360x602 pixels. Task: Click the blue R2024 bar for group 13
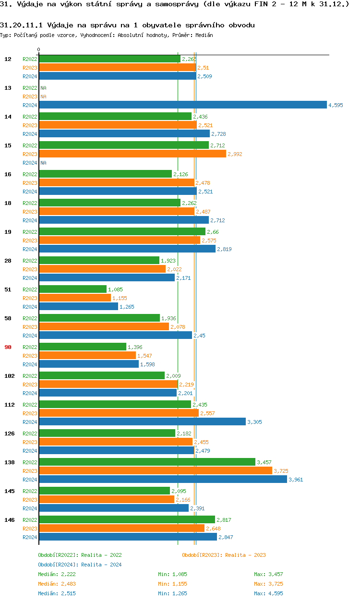[182, 105]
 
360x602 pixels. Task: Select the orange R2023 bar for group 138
[155, 471]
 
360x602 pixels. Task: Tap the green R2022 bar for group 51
[72, 289]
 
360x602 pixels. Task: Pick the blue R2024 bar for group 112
[142, 422]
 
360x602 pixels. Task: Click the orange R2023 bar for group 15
[132, 154]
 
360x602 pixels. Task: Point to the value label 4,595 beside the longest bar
[336, 105]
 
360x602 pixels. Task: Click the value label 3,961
[296, 480]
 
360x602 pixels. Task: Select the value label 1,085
[116, 289]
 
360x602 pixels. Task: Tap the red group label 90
[8, 347]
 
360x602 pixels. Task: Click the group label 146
[9, 520]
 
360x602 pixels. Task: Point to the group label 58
[8, 318]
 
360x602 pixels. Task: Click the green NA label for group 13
[43, 88]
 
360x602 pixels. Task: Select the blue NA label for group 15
[43, 163]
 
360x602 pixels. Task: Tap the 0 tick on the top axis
[39, 49]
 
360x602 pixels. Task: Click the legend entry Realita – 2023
[224, 555]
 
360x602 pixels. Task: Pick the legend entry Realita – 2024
[80, 565]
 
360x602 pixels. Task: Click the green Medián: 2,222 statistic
[57, 574]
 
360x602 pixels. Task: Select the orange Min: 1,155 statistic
[172, 584]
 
